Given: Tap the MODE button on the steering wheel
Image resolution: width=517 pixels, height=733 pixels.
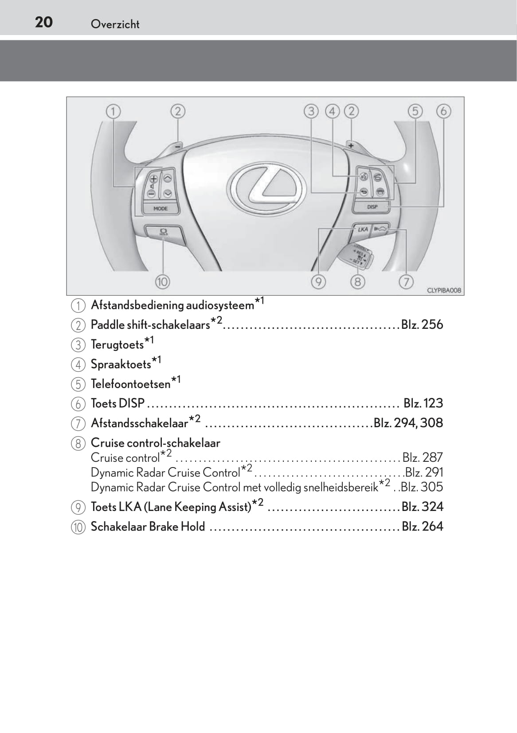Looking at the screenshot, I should point(160,208).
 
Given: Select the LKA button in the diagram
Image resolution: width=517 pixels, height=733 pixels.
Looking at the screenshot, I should point(363,229).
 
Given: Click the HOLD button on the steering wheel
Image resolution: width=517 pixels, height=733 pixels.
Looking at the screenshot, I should point(163,231).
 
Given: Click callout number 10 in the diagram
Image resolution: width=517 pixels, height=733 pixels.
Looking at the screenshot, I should point(162,281).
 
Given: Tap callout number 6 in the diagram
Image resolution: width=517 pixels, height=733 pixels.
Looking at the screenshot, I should point(443,111).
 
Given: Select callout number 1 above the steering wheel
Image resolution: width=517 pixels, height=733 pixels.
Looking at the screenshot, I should point(113,111).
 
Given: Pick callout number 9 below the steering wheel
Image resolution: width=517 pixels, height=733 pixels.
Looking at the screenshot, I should point(318,281).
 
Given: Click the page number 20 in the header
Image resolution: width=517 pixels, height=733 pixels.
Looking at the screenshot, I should point(44,22).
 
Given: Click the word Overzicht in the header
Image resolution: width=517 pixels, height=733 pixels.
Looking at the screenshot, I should point(115,24).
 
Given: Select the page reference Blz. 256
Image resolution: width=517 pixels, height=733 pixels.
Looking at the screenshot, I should point(422,324).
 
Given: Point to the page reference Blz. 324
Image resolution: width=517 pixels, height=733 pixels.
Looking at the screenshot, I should point(422,507).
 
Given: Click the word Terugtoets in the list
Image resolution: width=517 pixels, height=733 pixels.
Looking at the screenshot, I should point(117,344).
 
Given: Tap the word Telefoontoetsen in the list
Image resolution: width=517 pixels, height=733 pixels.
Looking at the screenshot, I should point(130,384).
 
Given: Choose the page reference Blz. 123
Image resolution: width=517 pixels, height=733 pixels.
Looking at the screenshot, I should point(423,403).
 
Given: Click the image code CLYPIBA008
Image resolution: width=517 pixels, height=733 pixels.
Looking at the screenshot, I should point(443,290).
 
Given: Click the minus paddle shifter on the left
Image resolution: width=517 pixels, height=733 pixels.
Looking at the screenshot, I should point(177,145).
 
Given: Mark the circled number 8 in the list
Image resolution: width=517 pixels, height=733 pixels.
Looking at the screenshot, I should point(78,443).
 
